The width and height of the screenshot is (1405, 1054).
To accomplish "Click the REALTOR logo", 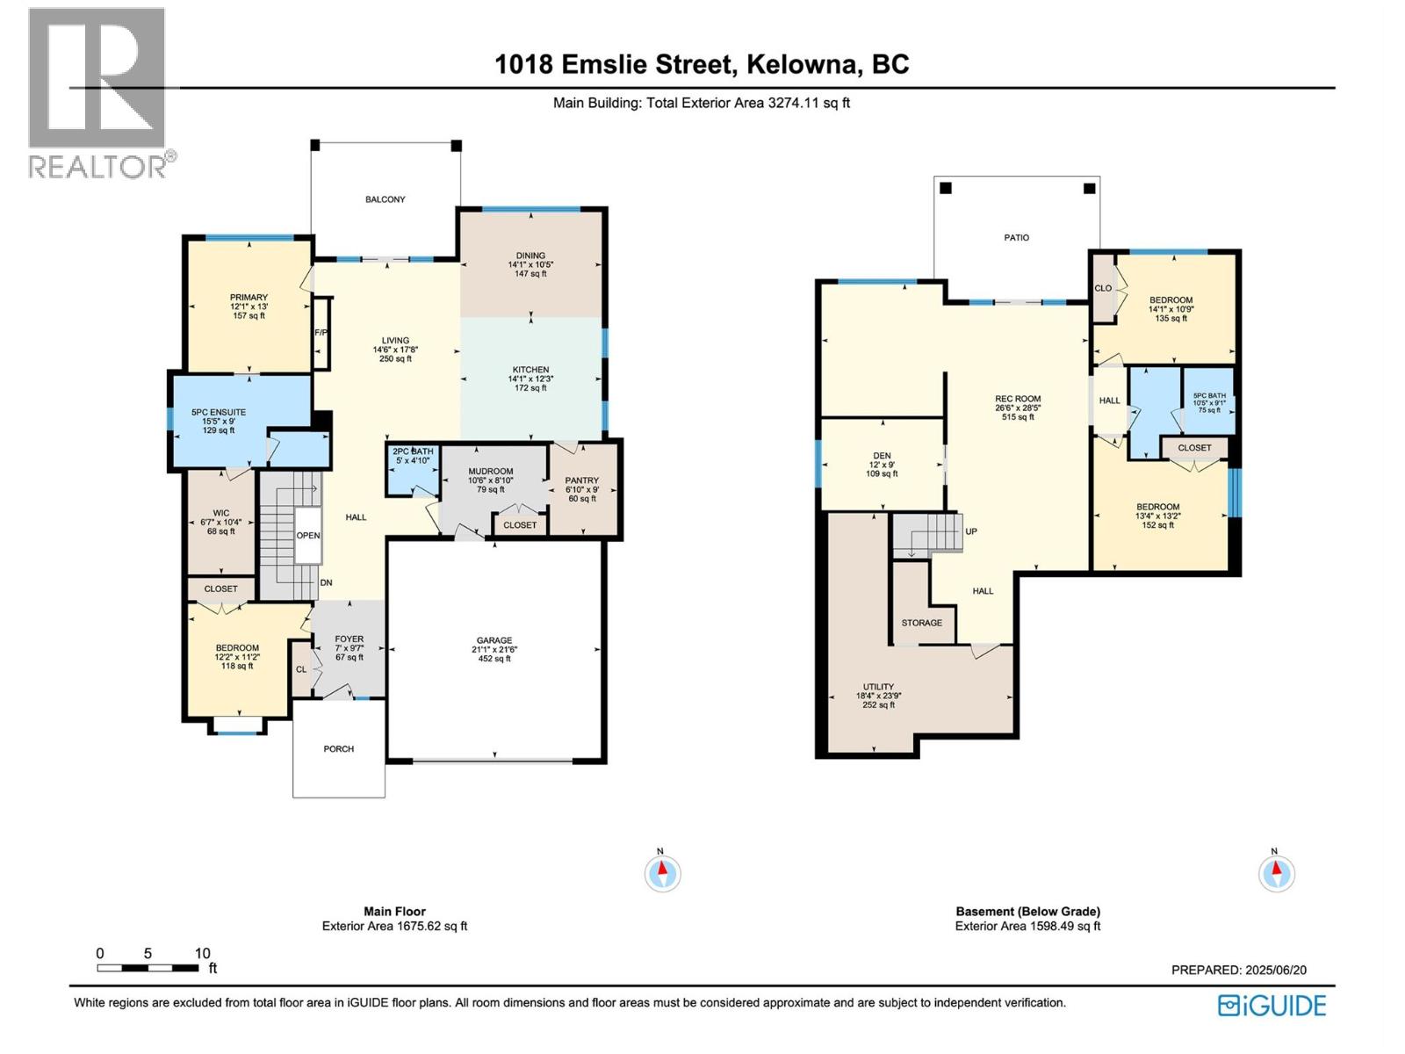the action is (x=100, y=93).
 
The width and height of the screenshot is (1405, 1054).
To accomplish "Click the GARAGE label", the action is (x=494, y=640).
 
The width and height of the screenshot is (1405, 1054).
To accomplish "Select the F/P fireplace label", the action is (x=321, y=333).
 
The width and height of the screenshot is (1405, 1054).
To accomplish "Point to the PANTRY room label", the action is (x=582, y=480).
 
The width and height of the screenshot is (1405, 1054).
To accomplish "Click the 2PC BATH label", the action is (x=413, y=451).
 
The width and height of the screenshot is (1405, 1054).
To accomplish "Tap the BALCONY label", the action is (x=385, y=199).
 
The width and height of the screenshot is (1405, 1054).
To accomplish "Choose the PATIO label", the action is (x=1017, y=237).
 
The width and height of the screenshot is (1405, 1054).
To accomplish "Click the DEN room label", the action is (x=882, y=456).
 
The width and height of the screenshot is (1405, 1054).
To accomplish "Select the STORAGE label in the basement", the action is (x=922, y=623).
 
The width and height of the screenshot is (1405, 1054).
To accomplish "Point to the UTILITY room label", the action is (x=878, y=687).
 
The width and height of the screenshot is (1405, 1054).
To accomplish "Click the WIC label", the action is (x=220, y=513).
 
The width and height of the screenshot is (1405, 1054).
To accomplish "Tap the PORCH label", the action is (x=339, y=748).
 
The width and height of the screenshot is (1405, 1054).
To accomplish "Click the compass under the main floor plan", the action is (x=662, y=873).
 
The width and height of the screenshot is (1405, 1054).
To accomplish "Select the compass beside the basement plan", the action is (x=1276, y=873).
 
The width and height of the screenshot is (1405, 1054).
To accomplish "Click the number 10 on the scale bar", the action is (x=202, y=954).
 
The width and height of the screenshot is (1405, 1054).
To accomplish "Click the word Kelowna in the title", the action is (x=802, y=65).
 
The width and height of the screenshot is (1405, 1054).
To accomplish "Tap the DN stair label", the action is (x=327, y=583).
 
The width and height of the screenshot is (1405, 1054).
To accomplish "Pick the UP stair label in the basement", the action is (x=971, y=531).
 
